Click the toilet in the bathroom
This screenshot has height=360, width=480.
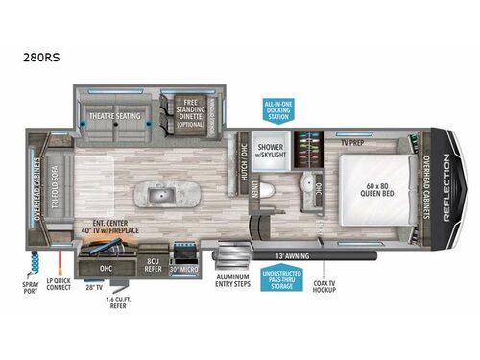coord(268,192)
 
